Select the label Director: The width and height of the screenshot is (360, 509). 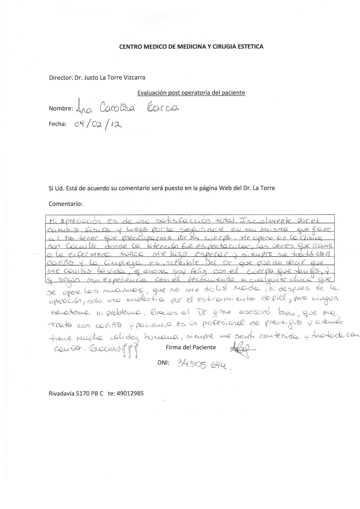pyautogui.click(x=60, y=77)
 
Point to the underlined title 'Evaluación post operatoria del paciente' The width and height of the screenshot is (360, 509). pyautogui.click(x=191, y=93)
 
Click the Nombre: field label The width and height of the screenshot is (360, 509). pyautogui.click(x=60, y=109)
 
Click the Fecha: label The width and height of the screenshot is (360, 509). pyautogui.click(x=58, y=124)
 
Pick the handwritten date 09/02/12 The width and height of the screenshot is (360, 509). pyautogui.click(x=98, y=125)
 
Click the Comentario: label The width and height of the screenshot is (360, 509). pyautogui.click(x=66, y=204)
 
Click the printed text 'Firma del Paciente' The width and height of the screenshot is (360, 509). pyautogui.click(x=191, y=347)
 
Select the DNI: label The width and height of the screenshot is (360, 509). pyautogui.click(x=164, y=363)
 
